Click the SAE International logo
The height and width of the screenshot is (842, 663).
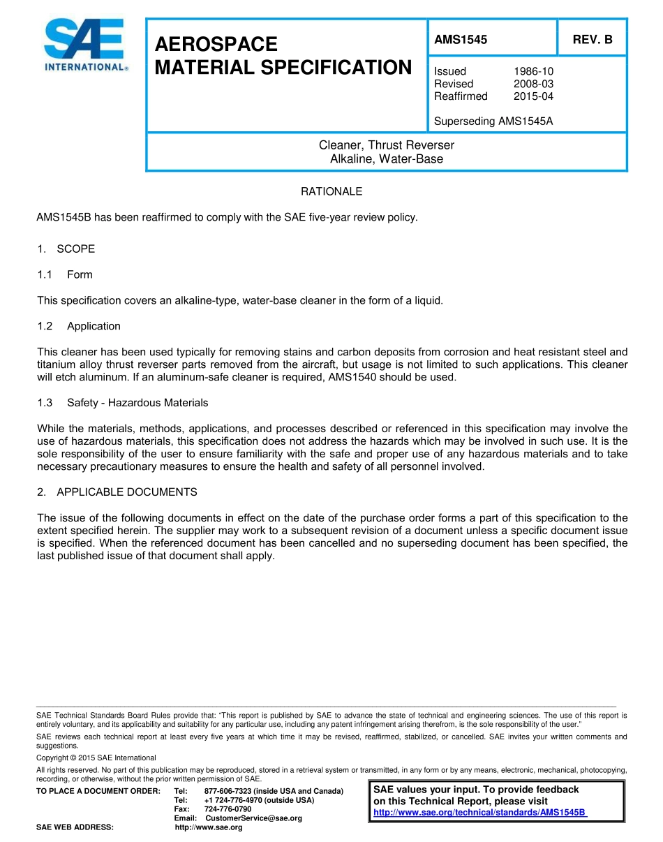coord(84,45)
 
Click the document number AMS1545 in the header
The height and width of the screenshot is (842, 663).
coord(461,40)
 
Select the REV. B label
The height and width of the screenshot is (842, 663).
coord(592,40)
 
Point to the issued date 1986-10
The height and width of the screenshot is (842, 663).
coord(533,71)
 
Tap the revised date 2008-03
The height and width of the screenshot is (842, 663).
coord(533,84)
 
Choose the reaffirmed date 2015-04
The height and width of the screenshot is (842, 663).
coord(533,96)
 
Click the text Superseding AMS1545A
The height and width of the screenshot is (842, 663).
coord(493,121)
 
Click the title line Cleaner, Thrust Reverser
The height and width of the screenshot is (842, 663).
coord(386,145)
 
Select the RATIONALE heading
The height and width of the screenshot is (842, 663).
coord(331,191)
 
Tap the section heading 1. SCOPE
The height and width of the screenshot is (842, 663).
coord(66,249)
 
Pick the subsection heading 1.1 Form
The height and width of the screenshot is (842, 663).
coord(65,274)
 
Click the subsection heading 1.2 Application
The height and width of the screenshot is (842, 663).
coord(79,326)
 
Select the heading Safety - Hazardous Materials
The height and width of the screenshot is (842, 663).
coord(137,403)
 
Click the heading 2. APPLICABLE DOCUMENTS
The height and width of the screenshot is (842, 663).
coord(117,492)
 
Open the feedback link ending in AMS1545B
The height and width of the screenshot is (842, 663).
coord(479,813)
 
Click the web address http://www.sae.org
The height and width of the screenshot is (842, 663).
coord(209,827)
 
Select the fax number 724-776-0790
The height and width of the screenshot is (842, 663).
coord(228,809)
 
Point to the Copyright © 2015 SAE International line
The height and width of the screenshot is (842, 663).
coord(96,758)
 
